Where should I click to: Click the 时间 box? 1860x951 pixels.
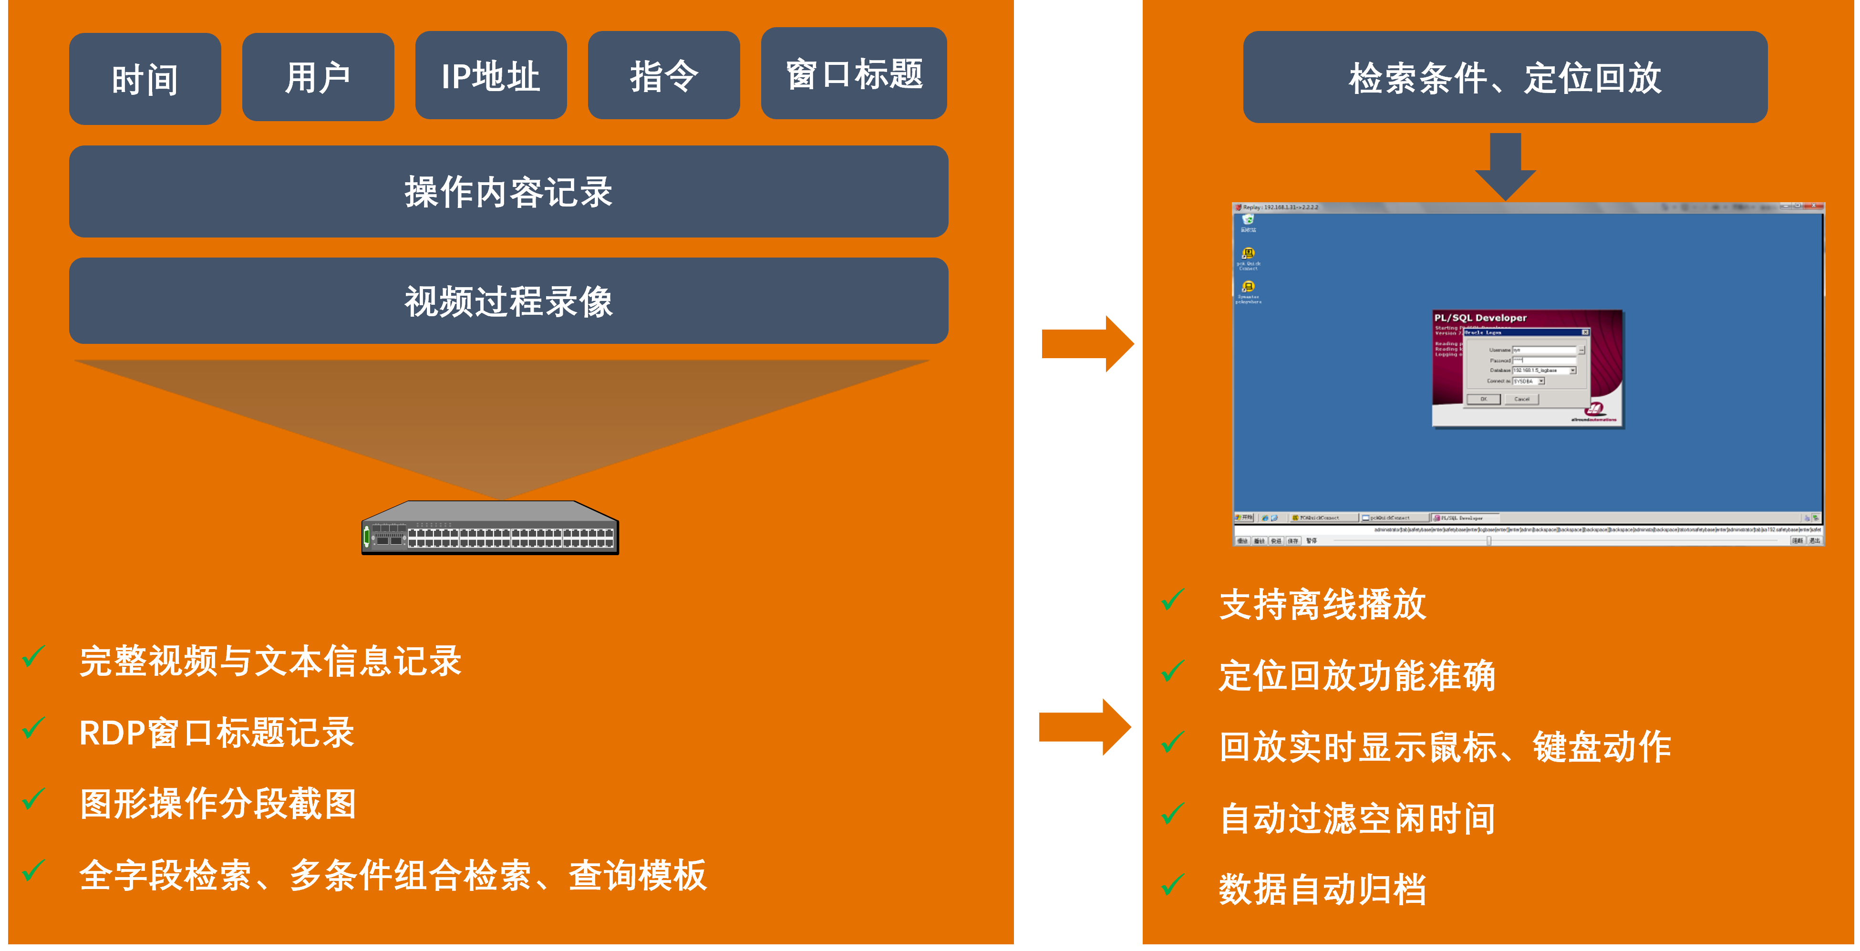(145, 79)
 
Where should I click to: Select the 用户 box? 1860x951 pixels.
(318, 76)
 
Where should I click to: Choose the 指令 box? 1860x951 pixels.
(663, 75)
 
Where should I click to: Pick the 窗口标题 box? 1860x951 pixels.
(854, 73)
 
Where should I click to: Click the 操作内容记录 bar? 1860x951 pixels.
(508, 191)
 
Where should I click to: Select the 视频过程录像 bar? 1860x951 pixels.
(508, 300)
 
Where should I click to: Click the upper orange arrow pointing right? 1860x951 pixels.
(1087, 344)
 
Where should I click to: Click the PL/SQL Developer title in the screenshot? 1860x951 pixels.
(1480, 318)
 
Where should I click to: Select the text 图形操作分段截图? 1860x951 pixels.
(218, 803)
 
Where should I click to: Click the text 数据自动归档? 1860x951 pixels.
(1322, 889)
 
